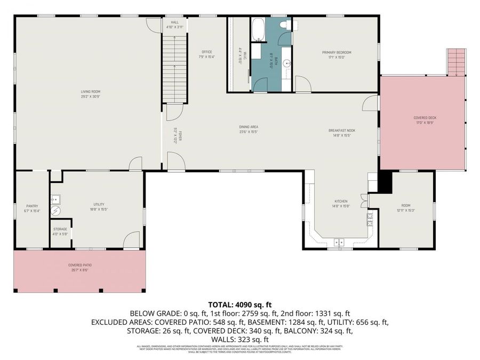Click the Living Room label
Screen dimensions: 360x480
(87, 94)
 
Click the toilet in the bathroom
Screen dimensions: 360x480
(285, 25)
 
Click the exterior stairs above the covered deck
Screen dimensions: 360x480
(457, 61)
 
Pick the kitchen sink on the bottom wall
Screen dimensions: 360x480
(340, 242)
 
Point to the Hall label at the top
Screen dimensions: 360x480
(174, 25)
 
